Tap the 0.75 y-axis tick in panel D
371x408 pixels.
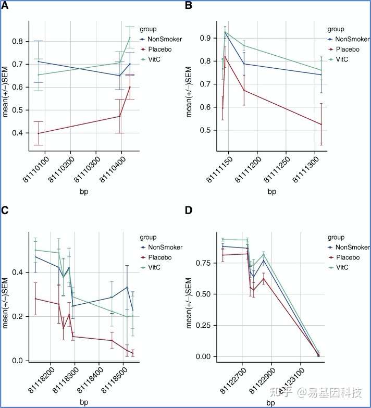pyautogui.click(x=203, y=263)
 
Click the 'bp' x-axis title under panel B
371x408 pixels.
pyautogui.click(x=271, y=192)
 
